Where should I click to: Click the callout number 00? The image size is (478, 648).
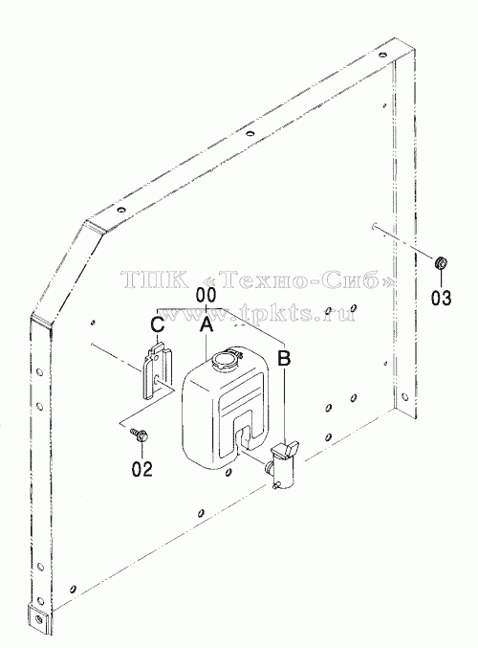click(206, 296)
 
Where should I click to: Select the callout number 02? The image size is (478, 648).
click(142, 469)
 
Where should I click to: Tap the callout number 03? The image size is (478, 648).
click(442, 298)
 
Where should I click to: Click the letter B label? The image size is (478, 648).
click(284, 358)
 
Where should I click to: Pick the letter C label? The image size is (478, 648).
click(158, 324)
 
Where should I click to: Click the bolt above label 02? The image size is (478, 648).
click(140, 435)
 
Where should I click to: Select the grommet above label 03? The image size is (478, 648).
click(442, 262)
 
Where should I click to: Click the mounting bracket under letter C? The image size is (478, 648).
click(158, 369)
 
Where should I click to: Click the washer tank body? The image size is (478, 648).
click(225, 407)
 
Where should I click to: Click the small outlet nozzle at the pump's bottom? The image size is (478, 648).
click(275, 487)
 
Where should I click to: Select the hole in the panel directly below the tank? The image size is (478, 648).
click(228, 473)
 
